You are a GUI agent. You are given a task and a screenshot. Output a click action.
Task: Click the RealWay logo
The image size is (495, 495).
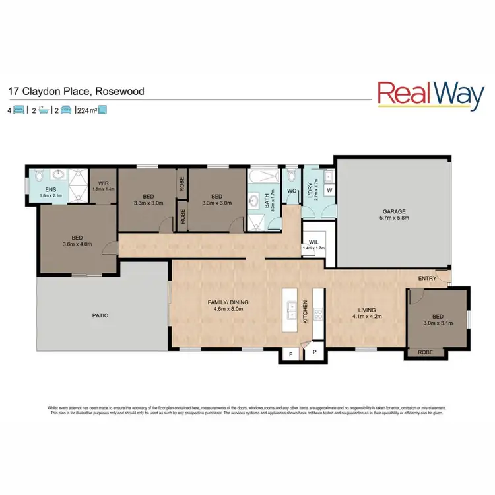click(430, 94)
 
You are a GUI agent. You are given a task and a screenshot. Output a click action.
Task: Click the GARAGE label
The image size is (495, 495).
click(392, 212)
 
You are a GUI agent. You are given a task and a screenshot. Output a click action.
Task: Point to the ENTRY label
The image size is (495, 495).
click(427, 278)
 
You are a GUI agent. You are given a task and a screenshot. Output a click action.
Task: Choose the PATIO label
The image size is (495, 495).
click(100, 315)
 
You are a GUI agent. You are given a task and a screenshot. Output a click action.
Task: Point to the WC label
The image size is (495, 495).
click(291, 192)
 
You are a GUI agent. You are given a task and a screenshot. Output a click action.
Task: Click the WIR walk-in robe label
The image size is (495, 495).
click(103, 183)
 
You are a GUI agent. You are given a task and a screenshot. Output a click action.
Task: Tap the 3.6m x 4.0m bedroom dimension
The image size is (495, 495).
click(77, 244)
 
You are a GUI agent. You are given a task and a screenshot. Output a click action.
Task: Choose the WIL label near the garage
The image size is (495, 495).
click(314, 242)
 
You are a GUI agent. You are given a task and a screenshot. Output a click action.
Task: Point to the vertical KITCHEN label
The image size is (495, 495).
click(305, 310)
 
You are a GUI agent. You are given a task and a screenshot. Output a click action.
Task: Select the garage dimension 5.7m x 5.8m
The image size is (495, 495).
click(392, 218)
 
